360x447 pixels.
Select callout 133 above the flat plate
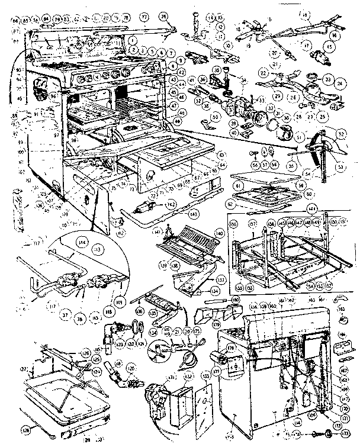pos(205,377)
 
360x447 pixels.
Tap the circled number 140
pos(220,234)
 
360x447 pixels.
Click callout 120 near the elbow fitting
pos(131,367)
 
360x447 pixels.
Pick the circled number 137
pos(221,279)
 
